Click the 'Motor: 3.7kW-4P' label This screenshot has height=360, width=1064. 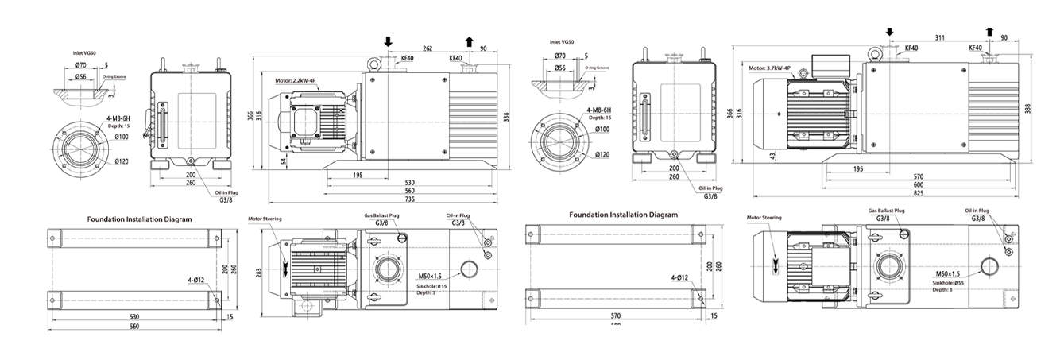tap(769, 68)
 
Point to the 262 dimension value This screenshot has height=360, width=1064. tap(428, 48)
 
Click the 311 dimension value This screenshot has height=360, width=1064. tap(940, 38)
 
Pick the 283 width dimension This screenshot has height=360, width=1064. tap(257, 273)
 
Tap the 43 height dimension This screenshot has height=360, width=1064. tap(772, 157)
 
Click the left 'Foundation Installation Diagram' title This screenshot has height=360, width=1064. tap(139, 218)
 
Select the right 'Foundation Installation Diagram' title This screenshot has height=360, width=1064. tap(623, 215)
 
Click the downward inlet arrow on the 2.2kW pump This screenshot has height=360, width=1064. tap(388, 41)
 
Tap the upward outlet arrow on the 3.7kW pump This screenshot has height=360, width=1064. tap(989, 31)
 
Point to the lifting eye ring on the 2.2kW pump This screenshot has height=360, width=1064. tap(371, 60)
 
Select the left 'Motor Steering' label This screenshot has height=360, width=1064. tap(265, 219)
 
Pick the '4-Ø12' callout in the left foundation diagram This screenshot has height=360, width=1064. tap(198, 280)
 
